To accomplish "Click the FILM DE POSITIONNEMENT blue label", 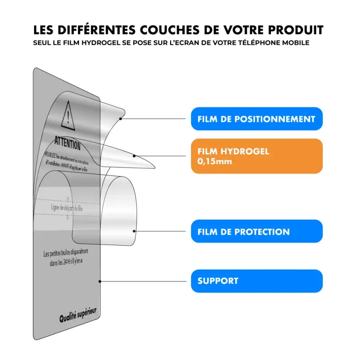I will pos(256,119).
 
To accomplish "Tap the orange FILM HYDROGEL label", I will pos(256,156).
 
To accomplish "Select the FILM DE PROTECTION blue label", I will pos(256,232).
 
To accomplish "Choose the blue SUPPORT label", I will pos(256,281).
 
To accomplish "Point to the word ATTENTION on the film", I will pos(67,143).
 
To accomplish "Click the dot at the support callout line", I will pos(100,281).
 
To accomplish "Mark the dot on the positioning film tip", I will pos(121,119).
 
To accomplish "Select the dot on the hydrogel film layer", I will pos(135,156).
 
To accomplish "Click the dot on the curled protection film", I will pos(135,231).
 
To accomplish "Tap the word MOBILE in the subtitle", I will pos(295,43).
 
